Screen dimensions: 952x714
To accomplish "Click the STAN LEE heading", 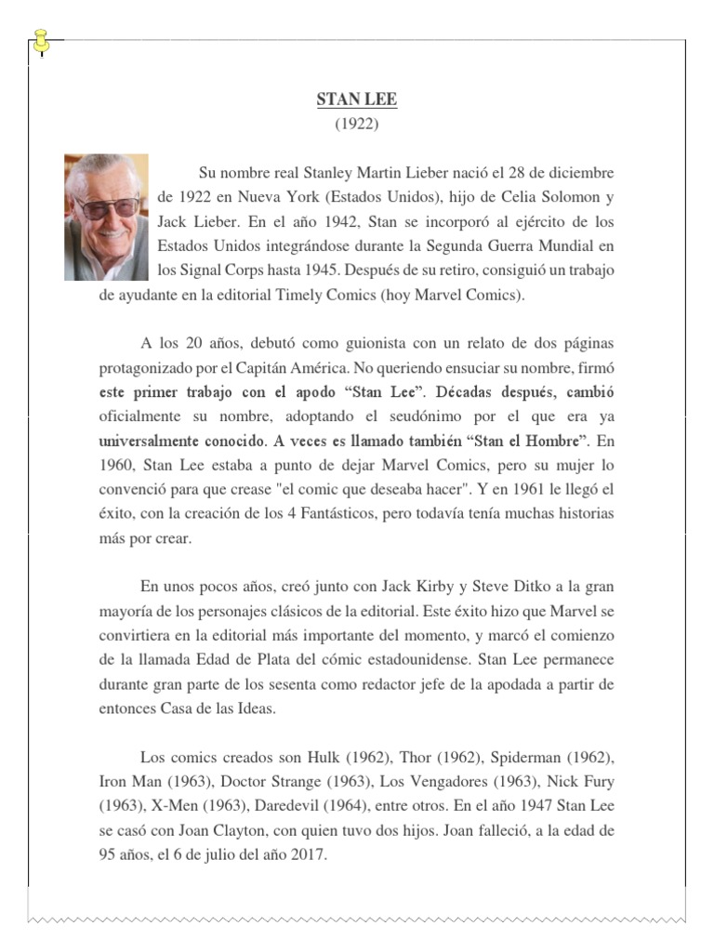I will [x=357, y=99].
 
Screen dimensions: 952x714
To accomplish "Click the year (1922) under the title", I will [x=357, y=123].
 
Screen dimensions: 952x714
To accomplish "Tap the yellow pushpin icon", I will [x=42, y=41].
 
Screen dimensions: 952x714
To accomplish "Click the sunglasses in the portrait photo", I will [x=109, y=207].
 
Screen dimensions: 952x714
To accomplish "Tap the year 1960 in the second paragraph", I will [x=119, y=465].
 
